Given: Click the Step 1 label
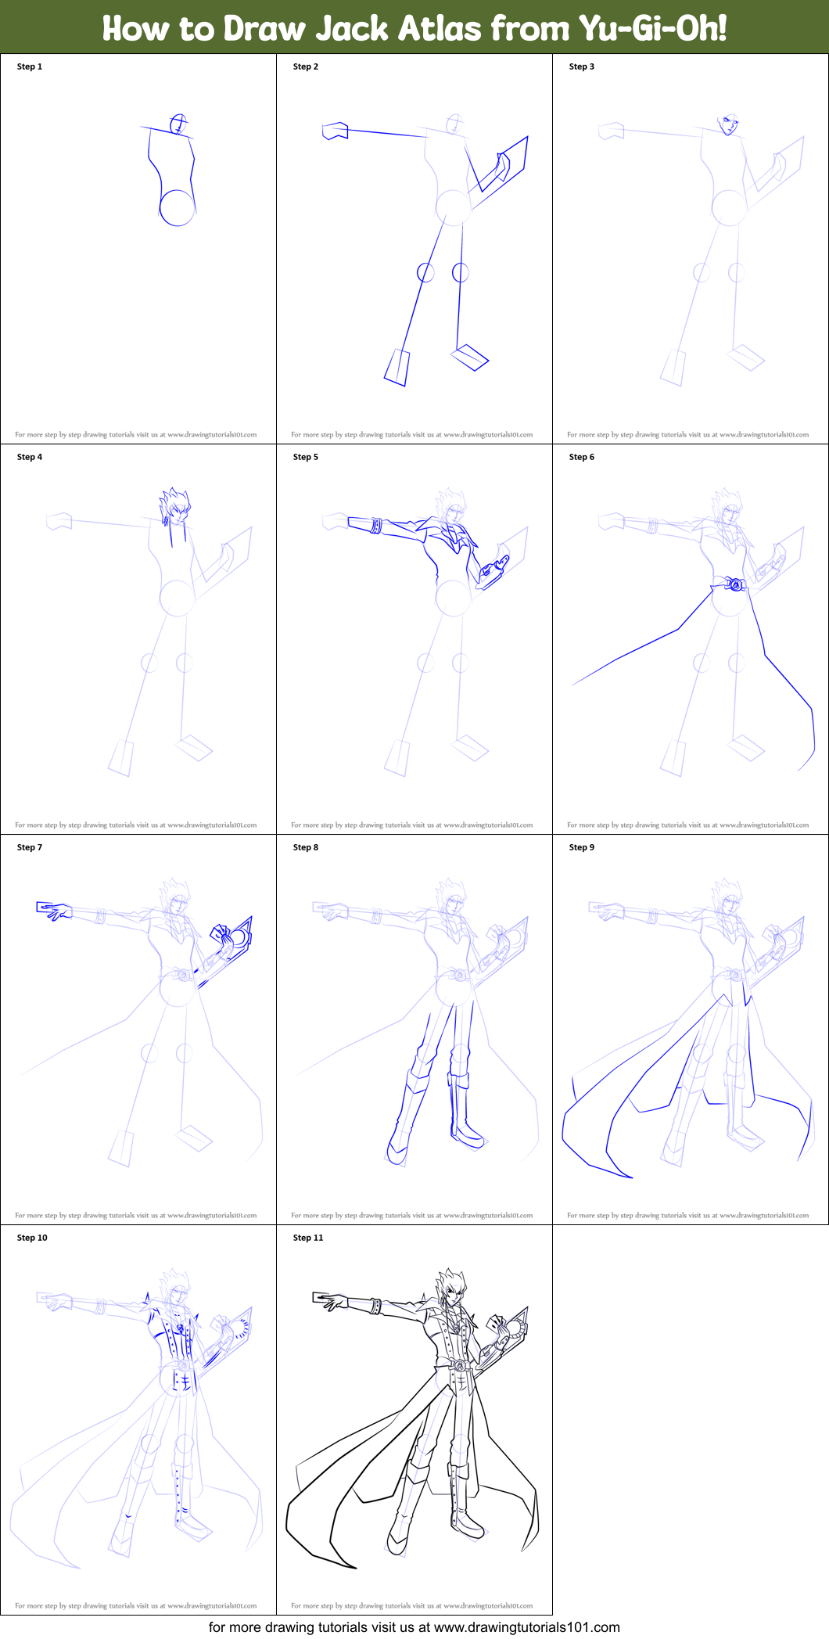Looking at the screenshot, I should coord(30,66).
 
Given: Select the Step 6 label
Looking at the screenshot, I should coord(581,457).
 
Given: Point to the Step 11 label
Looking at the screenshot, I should coord(307,1238).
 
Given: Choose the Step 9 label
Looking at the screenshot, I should coord(581,847).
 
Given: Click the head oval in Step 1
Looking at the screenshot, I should coord(179,124).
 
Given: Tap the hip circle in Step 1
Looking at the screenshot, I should coord(177,208).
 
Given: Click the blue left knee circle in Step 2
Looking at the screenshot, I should coord(425,272).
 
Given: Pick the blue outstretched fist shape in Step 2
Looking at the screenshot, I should coord(335,131).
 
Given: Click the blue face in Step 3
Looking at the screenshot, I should coord(729,124).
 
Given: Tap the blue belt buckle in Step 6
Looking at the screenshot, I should coord(734,584).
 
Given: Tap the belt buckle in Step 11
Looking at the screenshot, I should coord(460,1365).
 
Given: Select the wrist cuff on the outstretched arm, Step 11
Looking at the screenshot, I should coord(376,1306).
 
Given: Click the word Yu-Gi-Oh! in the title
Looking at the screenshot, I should coord(652,28).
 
